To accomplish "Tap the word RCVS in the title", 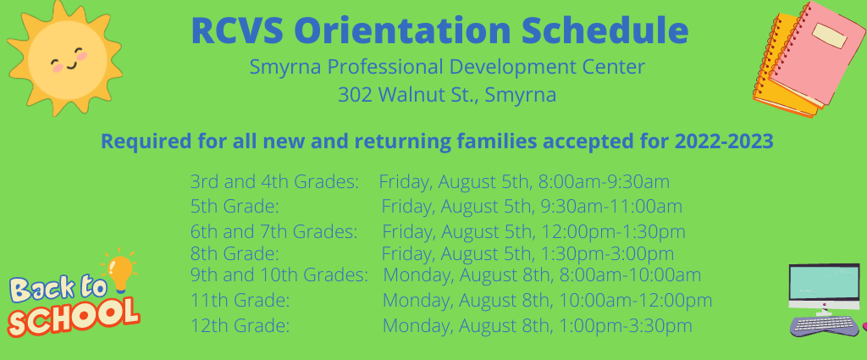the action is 237,31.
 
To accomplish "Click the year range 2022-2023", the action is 723,141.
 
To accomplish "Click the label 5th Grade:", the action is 234,207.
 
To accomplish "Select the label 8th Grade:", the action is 234,254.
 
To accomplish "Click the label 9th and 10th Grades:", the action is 279,274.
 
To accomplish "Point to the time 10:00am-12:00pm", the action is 635,300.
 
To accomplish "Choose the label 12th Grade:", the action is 240,325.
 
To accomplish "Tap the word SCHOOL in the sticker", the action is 73,317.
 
